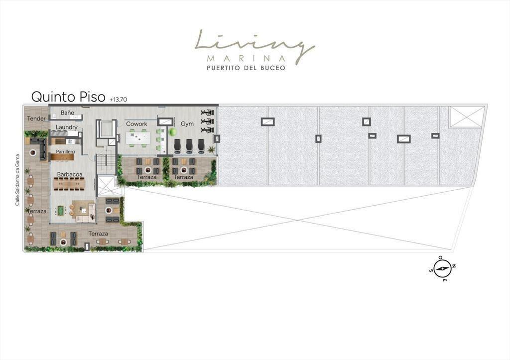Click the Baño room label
tap(67, 113)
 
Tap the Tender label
tap(36, 119)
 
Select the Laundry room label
tap(66, 127)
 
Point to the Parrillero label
tap(65, 151)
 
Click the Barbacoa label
tap(70, 174)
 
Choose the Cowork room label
tap(136, 124)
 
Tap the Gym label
tap(187, 124)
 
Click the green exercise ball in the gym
tap(172, 132)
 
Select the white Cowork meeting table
tap(138, 138)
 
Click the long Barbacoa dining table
tap(69, 184)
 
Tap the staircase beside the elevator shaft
tap(106, 163)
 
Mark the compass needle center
tap(442, 268)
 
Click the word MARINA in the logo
tap(246, 59)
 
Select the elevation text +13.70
tap(119, 100)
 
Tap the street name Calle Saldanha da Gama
tap(17, 180)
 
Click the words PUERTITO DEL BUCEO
tap(246, 68)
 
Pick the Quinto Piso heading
tap(68, 97)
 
